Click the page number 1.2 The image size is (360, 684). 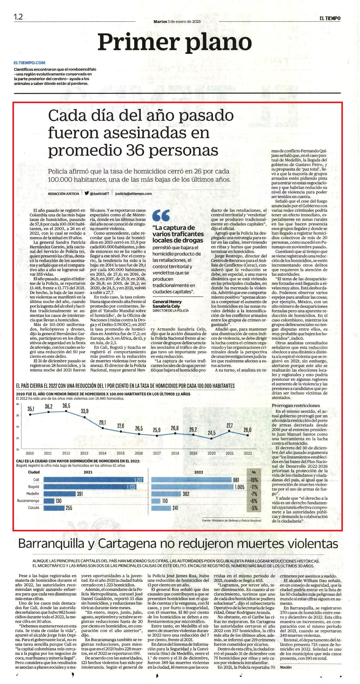(x=18, y=16)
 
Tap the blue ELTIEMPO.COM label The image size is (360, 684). (x=30, y=63)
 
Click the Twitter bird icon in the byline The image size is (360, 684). (x=86, y=193)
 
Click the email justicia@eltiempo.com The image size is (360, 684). (x=133, y=193)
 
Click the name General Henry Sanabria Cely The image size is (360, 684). (x=167, y=304)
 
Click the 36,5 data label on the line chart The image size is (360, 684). (x=66, y=406)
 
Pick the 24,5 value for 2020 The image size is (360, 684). (x=212, y=433)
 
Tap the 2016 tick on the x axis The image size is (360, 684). (x=139, y=453)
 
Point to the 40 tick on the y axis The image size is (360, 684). (x=17, y=404)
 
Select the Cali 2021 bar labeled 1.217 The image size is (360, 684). (x=94, y=480)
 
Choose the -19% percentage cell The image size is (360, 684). (x=254, y=480)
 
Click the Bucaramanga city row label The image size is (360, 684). (x=28, y=501)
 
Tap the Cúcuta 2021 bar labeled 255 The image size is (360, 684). (x=54, y=508)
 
